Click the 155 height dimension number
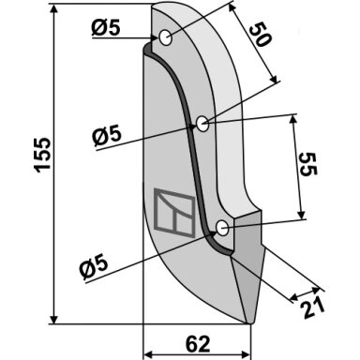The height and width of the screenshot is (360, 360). coord(42,155)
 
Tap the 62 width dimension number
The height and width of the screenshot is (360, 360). coord(198,344)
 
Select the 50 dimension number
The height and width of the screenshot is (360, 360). coord(260,35)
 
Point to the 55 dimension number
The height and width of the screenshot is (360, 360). coord(308,164)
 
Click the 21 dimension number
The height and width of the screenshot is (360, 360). coord(312,307)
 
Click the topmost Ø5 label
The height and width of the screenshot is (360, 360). coord(106,28)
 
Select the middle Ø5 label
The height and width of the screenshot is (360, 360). coord(107,135)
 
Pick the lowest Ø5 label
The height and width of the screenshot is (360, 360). coord(93,267)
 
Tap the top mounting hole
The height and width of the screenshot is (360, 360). coord(165,38)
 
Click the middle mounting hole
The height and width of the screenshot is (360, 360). coord(202,124)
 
